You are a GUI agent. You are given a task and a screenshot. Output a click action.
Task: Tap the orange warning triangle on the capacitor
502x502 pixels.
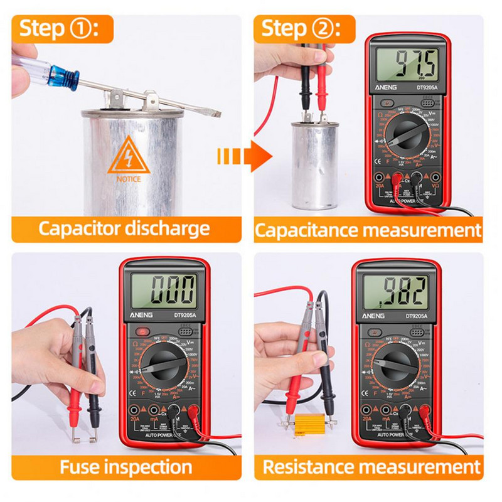(129, 157)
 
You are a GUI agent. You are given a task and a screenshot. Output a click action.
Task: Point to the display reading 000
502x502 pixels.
(165, 291)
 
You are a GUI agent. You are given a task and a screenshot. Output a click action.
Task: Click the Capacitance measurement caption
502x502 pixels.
(368, 230)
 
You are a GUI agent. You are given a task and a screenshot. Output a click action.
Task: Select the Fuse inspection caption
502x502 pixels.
(125, 467)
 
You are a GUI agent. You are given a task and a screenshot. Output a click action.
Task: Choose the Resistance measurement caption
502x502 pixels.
(371, 467)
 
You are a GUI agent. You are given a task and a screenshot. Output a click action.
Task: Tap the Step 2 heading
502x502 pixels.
(300, 28)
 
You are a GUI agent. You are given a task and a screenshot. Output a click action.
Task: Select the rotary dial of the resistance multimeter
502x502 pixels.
(396, 365)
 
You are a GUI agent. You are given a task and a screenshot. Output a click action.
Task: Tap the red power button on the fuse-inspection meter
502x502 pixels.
(142, 331)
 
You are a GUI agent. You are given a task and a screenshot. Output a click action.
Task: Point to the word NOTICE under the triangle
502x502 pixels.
(129, 179)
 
